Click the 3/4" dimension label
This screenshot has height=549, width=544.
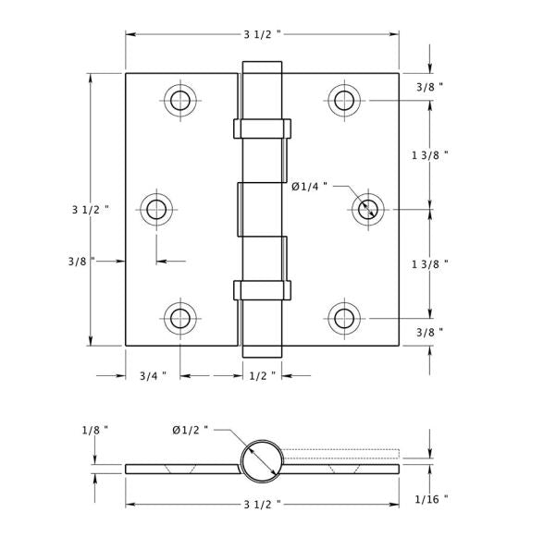[153, 376]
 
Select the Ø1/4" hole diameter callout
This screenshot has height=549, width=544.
[309, 187]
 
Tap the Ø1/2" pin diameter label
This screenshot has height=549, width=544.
[190, 430]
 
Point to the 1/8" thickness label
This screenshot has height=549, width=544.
[94, 431]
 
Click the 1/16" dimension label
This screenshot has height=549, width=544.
[431, 499]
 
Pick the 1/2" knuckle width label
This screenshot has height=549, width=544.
[262, 376]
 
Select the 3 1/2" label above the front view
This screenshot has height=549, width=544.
[262, 34]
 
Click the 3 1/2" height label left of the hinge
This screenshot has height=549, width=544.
[91, 210]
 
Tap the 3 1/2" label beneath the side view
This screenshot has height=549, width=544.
[262, 505]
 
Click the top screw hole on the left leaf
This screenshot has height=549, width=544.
[180, 100]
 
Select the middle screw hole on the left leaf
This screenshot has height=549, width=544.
[156, 210]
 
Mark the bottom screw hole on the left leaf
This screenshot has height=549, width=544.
[180, 319]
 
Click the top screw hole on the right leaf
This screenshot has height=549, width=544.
[344, 100]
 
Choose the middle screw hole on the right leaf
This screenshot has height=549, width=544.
[368, 210]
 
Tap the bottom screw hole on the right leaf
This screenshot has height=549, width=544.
[344, 319]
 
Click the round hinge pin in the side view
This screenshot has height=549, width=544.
[262, 461]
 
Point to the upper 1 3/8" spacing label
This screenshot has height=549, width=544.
[430, 155]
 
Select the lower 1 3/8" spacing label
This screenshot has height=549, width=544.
[430, 264]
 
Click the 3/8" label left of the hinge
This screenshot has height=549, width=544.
[81, 262]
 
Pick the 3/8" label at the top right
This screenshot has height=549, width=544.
[429, 87]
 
